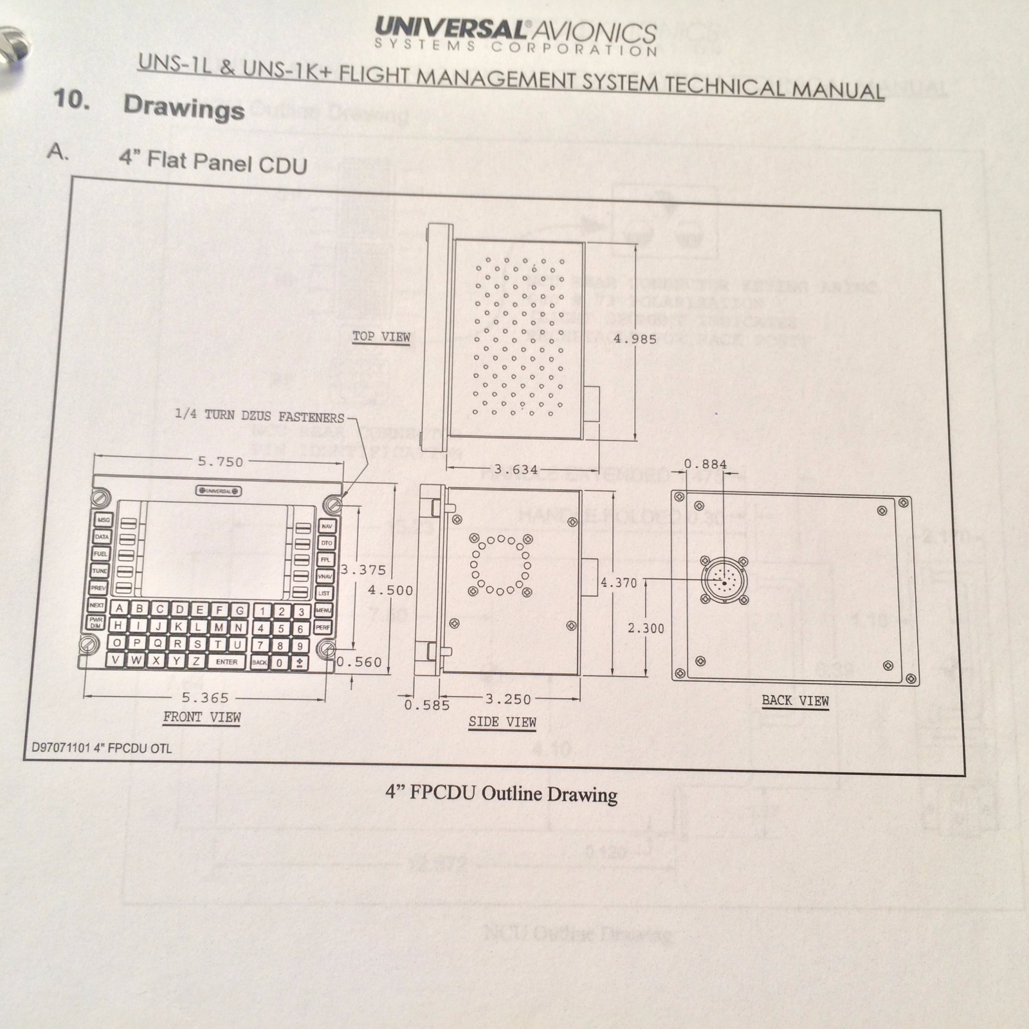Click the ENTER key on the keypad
click(226, 662)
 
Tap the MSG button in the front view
click(103, 520)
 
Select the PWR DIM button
click(96, 623)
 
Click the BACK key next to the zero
click(259, 662)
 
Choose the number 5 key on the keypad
click(280, 628)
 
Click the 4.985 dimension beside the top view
click(635, 339)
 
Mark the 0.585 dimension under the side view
click(426, 705)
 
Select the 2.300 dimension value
click(646, 628)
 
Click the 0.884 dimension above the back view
click(705, 464)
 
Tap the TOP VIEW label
click(381, 336)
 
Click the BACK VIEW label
click(795, 700)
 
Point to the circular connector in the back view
click(724, 581)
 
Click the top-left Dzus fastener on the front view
click(100, 498)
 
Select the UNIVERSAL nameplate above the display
click(219, 491)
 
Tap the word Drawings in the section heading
click(184, 107)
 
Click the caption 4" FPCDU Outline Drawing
click(501, 794)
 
